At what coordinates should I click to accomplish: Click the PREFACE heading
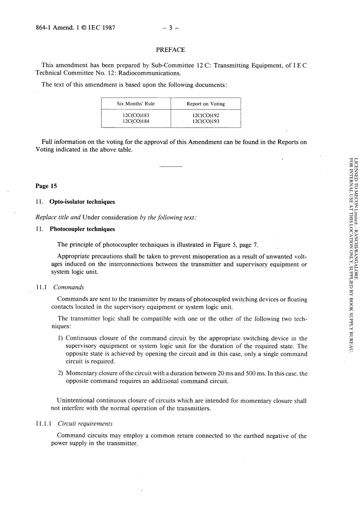point(170,50)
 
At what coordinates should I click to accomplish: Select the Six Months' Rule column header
point(136,104)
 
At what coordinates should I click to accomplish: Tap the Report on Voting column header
point(205,104)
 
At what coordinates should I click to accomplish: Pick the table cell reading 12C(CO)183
point(136,115)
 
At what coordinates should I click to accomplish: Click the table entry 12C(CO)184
point(136,121)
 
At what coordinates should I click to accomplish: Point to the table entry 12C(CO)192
point(205,115)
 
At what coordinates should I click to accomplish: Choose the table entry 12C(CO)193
point(205,121)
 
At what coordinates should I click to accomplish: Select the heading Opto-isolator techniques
point(82,202)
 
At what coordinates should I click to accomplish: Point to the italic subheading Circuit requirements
point(85,424)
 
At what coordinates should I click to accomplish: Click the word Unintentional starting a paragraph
point(76,400)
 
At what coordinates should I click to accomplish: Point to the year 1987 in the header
point(109,28)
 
